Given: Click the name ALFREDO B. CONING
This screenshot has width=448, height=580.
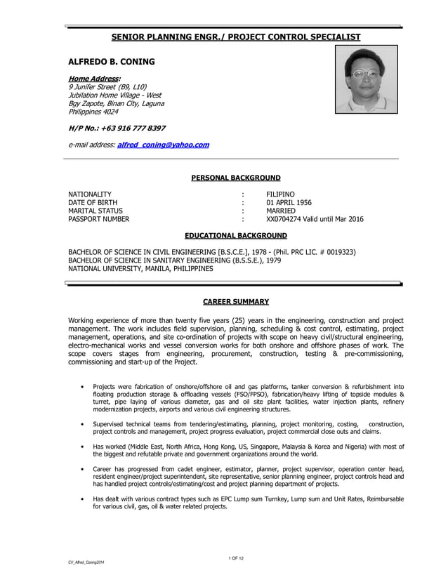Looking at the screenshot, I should pyautogui.click(x=111, y=62).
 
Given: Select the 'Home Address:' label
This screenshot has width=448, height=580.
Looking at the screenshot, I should pyautogui.click(x=94, y=77).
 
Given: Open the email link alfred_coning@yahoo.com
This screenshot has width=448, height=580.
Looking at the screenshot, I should pyautogui.click(x=163, y=145).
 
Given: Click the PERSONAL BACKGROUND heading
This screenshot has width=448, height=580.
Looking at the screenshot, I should pyautogui.click(x=236, y=178).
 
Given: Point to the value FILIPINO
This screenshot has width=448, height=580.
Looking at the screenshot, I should pyautogui.click(x=280, y=194).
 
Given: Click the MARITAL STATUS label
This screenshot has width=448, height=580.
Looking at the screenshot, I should pyautogui.click(x=95, y=211).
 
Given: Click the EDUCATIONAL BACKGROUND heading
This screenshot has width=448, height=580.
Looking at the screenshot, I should pyautogui.click(x=236, y=235).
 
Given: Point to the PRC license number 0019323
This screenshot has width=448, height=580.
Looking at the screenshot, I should pyautogui.click(x=336, y=251).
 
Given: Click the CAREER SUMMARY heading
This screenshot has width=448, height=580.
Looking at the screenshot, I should pyautogui.click(x=236, y=302).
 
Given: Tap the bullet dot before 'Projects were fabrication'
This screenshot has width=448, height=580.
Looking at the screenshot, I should pyautogui.click(x=83, y=386).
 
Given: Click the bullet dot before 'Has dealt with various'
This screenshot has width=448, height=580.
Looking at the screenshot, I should pyautogui.click(x=83, y=499).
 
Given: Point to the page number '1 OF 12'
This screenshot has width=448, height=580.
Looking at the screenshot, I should pyautogui.click(x=236, y=558).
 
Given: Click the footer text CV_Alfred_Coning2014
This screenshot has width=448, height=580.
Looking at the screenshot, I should pyautogui.click(x=88, y=564).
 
